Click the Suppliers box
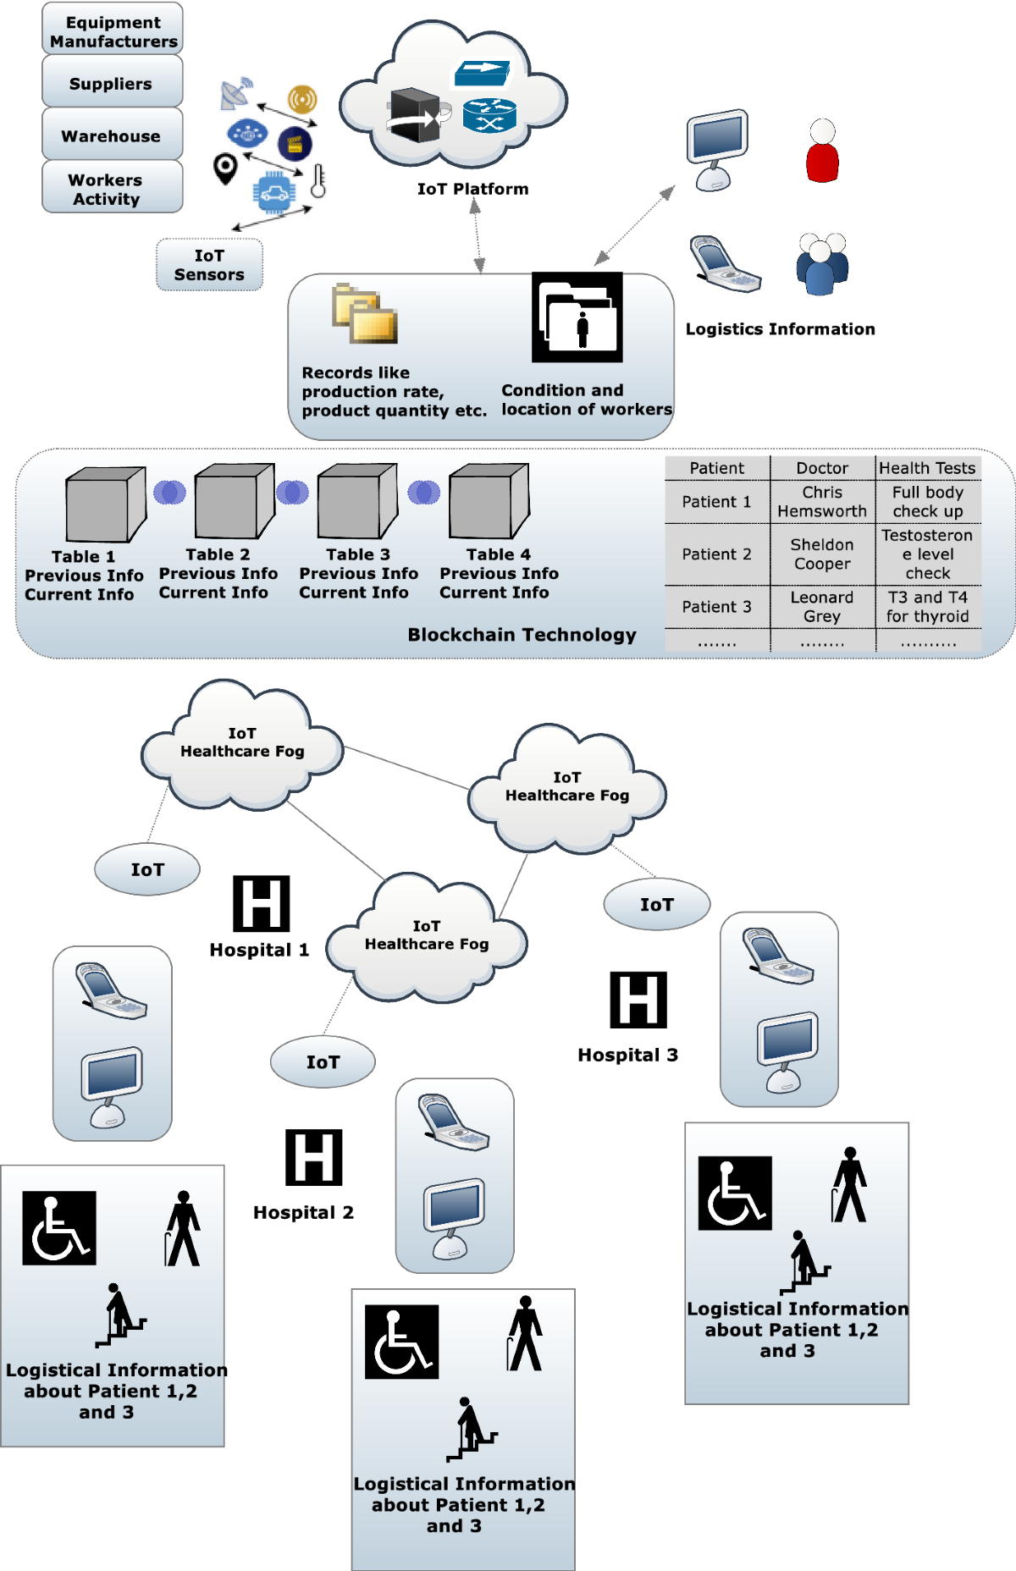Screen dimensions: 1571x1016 click(112, 83)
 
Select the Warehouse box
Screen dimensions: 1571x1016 click(112, 135)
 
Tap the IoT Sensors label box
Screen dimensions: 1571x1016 click(209, 265)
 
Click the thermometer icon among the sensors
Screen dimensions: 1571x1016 click(318, 181)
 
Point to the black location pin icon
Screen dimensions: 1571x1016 click(225, 168)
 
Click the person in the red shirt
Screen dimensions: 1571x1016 click(822, 152)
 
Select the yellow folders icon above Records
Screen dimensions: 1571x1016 click(365, 314)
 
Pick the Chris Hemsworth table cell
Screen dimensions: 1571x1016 click(822, 501)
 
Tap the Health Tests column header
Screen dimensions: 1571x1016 click(927, 468)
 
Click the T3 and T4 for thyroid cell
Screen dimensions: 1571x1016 click(927, 607)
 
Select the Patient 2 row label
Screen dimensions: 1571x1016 click(716, 554)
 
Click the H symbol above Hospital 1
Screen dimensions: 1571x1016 click(262, 903)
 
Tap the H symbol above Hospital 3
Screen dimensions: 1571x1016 click(638, 1000)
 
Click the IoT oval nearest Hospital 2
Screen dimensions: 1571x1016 click(323, 1061)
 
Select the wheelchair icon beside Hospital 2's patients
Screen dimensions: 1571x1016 click(401, 1342)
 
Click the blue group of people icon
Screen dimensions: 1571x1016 click(821, 264)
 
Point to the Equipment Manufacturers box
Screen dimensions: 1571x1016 click(113, 31)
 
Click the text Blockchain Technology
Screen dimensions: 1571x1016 click(522, 635)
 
